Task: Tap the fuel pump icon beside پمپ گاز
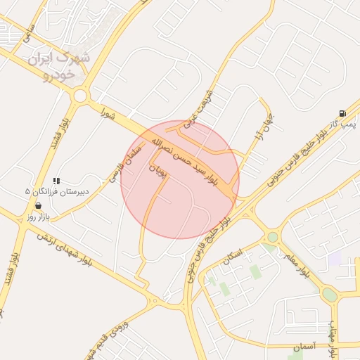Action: coord(342,112)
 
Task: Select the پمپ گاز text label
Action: coord(345,124)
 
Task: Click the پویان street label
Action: coord(160,170)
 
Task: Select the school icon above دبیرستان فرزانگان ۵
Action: coord(56,181)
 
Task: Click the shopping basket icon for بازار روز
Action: coord(37,205)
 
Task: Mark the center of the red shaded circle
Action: coord(180,180)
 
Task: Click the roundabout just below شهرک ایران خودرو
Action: coord(80,96)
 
